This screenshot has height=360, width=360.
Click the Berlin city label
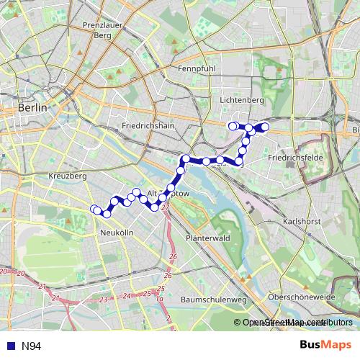click(x=32, y=107)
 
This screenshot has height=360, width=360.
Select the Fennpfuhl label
click(x=197, y=69)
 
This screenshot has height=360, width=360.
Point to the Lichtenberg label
click(x=243, y=101)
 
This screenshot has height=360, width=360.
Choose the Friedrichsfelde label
click(x=293, y=156)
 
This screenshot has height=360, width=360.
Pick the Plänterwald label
click(x=207, y=238)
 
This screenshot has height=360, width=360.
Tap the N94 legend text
click(x=31, y=346)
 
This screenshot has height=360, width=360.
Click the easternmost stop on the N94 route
click(x=265, y=127)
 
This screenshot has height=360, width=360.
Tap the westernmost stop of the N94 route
click(x=94, y=210)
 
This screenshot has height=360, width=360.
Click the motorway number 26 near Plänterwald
click(x=172, y=256)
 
